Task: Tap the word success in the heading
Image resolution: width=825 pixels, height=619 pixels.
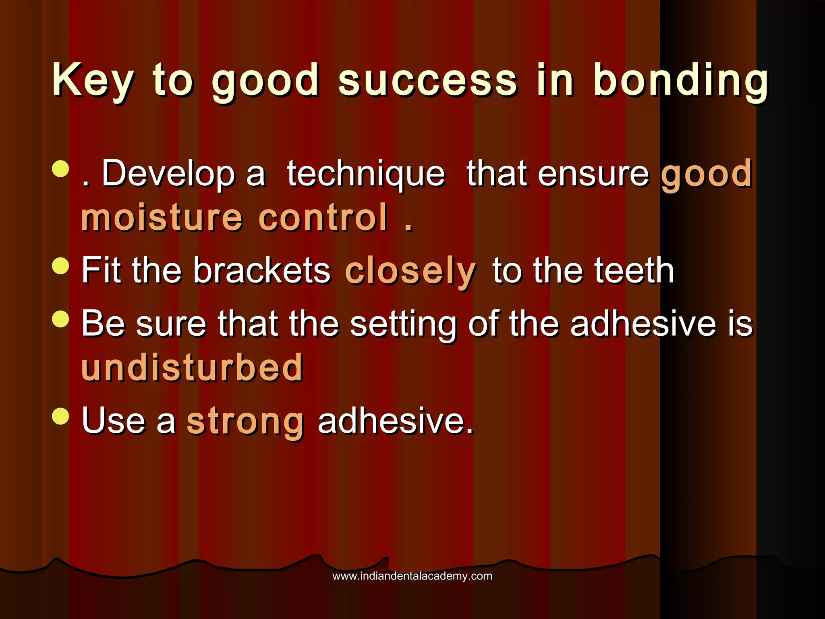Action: [427, 81]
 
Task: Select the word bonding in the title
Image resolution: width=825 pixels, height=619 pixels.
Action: [681, 81]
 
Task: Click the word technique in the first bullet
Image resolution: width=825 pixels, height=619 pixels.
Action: [366, 174]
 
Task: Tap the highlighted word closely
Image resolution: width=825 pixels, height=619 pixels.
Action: [410, 271]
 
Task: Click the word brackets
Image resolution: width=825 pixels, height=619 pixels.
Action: [262, 271]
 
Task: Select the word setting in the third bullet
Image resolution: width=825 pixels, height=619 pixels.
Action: [403, 324]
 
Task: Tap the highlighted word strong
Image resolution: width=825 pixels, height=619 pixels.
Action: [245, 422]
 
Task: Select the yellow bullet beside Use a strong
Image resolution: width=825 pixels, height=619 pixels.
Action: [61, 416]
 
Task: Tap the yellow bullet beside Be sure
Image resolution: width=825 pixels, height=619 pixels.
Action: [61, 318]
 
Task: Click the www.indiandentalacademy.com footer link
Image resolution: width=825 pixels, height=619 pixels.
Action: [412, 576]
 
